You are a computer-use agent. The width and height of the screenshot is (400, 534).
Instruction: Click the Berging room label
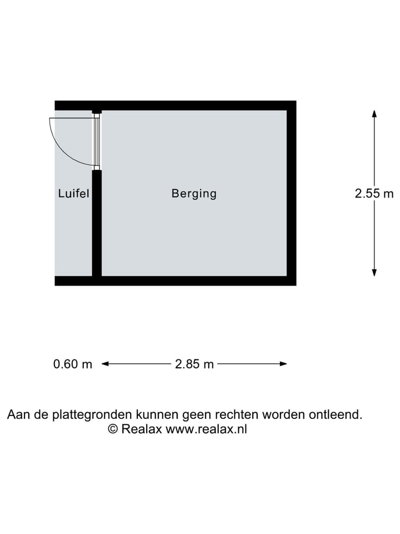(194, 194)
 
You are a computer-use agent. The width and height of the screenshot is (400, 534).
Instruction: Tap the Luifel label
(73, 194)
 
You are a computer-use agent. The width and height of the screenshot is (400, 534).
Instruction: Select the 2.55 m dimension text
(374, 194)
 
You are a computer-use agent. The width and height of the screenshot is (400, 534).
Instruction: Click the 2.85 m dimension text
(194, 364)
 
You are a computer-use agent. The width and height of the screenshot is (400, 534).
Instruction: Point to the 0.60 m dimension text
(73, 364)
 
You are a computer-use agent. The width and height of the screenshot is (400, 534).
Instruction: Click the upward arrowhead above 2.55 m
(374, 113)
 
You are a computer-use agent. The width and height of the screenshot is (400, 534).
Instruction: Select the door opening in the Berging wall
(97, 141)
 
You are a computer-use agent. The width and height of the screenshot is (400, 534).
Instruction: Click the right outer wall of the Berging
(292, 194)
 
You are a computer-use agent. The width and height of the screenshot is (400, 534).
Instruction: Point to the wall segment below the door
(97, 222)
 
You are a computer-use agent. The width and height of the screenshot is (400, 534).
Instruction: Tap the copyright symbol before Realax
(112, 429)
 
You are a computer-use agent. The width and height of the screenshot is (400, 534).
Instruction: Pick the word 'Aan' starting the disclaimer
(17, 414)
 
